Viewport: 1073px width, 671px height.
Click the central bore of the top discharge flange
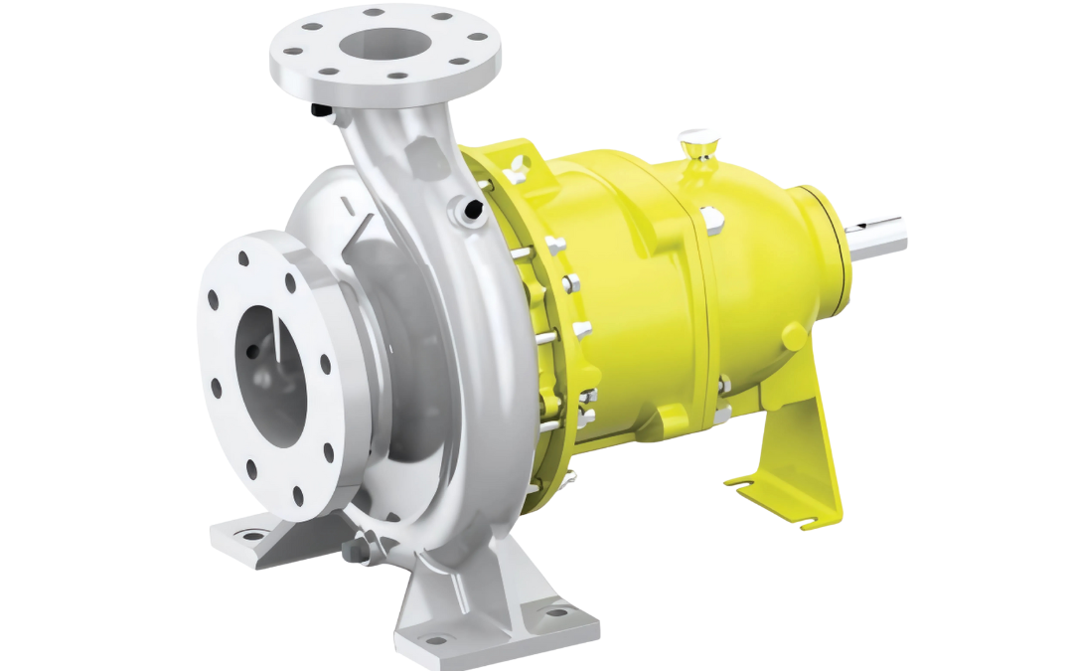point(383,46)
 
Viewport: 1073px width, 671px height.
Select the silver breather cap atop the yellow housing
point(692,140)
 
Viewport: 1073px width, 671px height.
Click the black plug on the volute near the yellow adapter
point(471,206)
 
